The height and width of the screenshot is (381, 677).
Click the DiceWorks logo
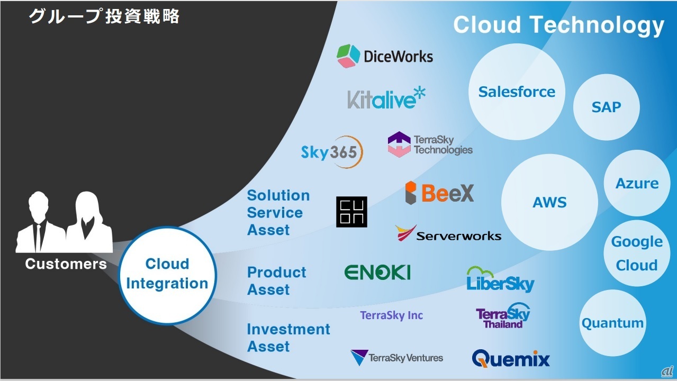coord(385,56)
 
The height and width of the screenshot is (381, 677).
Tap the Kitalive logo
coord(386,98)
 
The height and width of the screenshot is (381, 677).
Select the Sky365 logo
coord(332,152)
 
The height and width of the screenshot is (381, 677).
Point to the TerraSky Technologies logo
coord(430,144)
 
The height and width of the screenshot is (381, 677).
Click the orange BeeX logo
coord(439,193)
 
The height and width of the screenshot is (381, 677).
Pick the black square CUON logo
coord(351,212)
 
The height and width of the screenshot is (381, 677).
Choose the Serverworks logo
coord(448,234)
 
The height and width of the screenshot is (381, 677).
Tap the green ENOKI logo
coord(377,273)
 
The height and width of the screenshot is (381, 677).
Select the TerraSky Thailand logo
coord(502,316)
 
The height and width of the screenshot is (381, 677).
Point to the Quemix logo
coord(511,358)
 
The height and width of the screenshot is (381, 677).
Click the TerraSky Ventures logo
coord(396,358)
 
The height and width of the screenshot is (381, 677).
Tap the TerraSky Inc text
coord(391,315)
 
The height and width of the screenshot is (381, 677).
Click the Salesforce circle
coord(517,92)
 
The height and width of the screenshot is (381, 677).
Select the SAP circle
coord(606,107)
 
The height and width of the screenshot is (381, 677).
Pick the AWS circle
coord(549,202)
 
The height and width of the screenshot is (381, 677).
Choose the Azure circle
coord(637,184)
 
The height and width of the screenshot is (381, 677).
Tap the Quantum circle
coord(612,323)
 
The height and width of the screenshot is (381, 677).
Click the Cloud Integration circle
coord(167,274)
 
